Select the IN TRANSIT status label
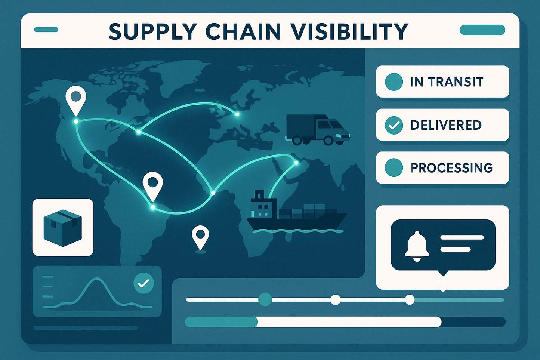click(447, 82)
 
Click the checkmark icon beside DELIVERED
click(394, 125)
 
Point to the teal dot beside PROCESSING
click(394, 167)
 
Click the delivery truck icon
click(317, 129)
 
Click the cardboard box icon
click(62, 227)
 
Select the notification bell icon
click(416, 245)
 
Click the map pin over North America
click(76, 98)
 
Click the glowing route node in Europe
click(237, 114)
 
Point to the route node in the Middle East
click(296, 163)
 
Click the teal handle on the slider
click(265, 299)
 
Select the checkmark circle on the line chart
click(144, 283)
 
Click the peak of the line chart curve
click(98, 279)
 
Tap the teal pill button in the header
click(482, 30)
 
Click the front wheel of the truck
click(328, 141)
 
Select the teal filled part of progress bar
click(221, 322)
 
